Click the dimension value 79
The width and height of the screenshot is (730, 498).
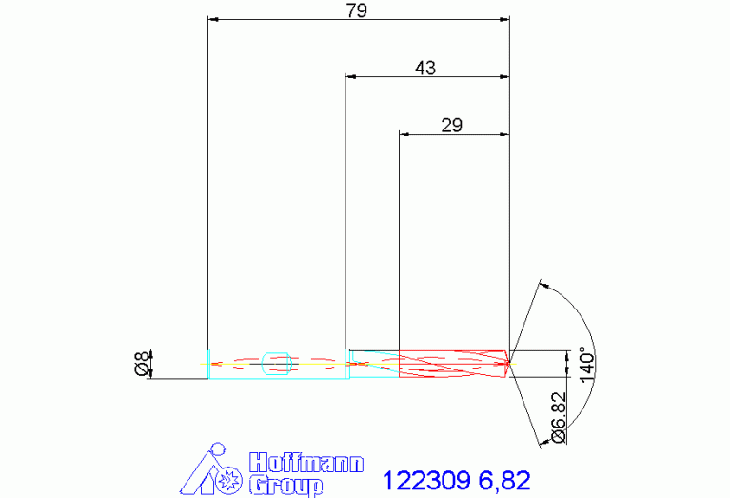[x=357, y=10]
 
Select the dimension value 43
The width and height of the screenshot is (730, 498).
[x=425, y=68]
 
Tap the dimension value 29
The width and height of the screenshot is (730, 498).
[x=451, y=126]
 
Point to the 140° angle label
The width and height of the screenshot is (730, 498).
[x=587, y=365]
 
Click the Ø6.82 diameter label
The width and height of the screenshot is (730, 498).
[x=559, y=418]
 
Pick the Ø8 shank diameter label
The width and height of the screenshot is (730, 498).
[x=143, y=364]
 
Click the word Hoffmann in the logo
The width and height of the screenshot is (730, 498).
[x=306, y=463]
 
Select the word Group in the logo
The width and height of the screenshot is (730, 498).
[x=286, y=486]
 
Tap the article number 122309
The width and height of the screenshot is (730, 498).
[x=426, y=480]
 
